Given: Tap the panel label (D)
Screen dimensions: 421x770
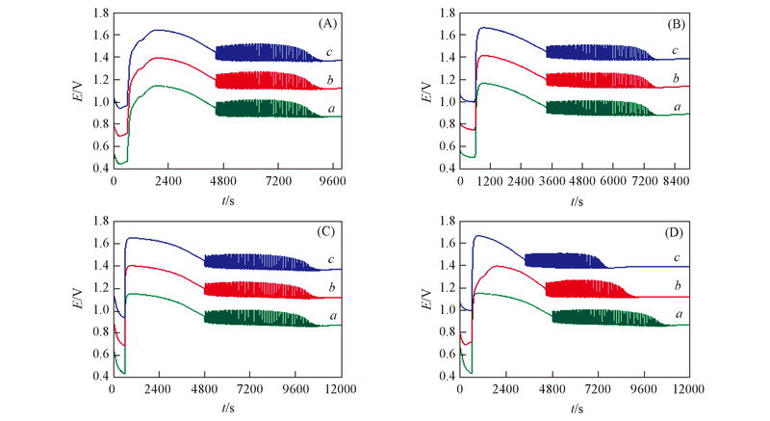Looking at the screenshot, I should pos(675,231).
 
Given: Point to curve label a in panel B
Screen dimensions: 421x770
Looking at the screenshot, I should pos(676,107).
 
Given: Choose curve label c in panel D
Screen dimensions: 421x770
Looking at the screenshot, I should pos(676,258).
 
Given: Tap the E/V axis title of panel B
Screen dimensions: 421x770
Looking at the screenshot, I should pos(429,91).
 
